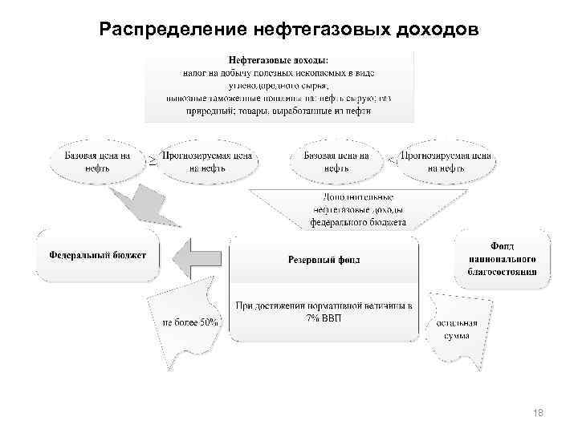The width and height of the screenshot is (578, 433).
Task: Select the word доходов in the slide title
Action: [433, 30]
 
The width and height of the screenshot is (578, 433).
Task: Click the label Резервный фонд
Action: [324, 259]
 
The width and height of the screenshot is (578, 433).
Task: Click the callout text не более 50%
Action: [191, 322]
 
